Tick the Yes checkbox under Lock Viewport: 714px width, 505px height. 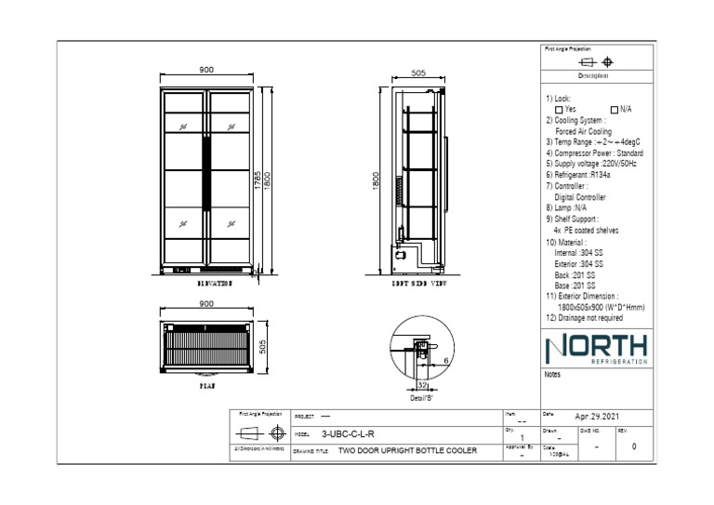(560, 109)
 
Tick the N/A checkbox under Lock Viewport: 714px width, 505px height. (614, 109)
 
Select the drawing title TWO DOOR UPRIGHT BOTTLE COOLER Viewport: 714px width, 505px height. (407, 450)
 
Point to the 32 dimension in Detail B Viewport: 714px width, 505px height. (421, 384)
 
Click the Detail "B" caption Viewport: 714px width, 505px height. (420, 397)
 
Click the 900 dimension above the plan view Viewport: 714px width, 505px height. (206, 304)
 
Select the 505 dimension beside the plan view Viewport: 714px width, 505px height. (262, 347)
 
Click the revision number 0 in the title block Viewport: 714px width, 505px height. (634, 446)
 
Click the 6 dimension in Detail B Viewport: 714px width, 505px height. (446, 359)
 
